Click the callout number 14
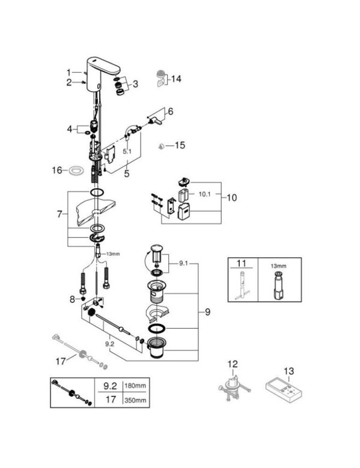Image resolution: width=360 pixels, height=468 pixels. click(x=176, y=79)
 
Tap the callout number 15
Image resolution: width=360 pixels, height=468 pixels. click(x=180, y=145)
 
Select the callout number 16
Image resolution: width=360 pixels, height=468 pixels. click(x=57, y=170)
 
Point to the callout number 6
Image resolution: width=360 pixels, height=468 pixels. click(x=171, y=112)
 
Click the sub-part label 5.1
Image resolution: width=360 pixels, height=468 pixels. click(x=127, y=151)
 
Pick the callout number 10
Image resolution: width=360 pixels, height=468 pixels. click(x=232, y=198)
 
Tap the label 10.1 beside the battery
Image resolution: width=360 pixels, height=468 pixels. click(x=205, y=194)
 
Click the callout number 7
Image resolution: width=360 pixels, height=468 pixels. click(x=59, y=214)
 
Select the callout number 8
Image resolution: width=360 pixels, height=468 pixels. click(x=72, y=299)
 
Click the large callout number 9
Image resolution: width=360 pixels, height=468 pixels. click(x=207, y=312)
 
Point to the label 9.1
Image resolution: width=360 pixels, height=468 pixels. click(x=183, y=264)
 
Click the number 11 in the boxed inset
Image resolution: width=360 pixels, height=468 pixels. click(x=241, y=263)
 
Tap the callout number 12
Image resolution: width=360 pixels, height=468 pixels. click(x=233, y=364)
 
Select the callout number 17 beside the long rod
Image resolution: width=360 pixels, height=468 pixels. click(x=61, y=362)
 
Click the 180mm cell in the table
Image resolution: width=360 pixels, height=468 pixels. click(x=135, y=386)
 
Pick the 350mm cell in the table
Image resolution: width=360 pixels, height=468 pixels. click(x=135, y=400)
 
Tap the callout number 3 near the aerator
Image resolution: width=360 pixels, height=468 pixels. click(x=135, y=84)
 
